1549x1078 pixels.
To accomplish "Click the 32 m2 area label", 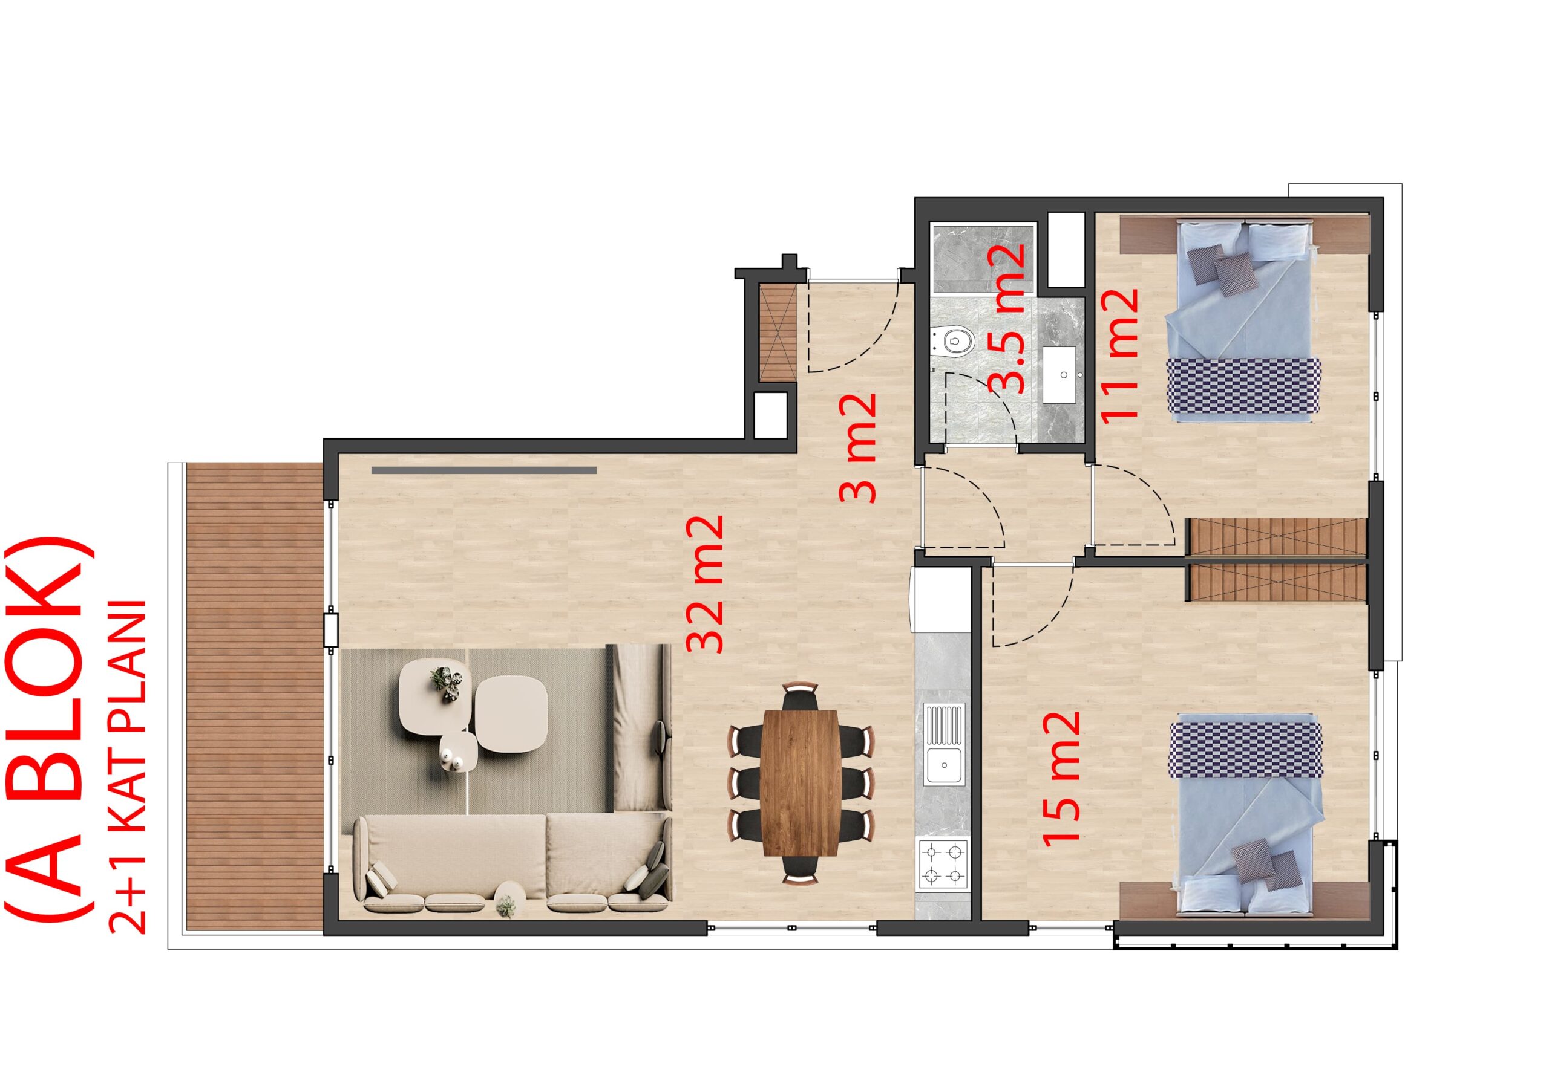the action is click(x=706, y=584).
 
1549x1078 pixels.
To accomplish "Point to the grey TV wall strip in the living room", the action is click(x=483, y=470).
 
